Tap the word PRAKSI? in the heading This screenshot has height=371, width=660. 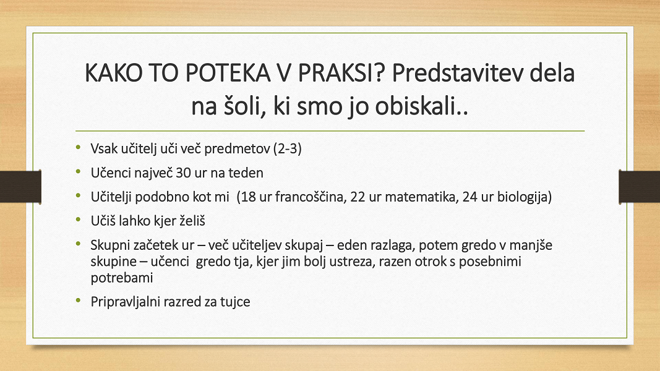pos(342,73)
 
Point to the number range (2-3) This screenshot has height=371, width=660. pos(288,148)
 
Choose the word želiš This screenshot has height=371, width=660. pos(192,221)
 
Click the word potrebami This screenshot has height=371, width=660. pos(122,278)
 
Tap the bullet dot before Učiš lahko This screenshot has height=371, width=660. pos(78,220)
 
